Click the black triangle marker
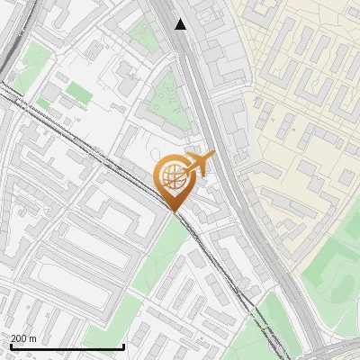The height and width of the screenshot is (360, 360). pos(181,24)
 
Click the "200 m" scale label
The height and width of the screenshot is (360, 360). pos(23,338)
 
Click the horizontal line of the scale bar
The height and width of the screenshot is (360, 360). pos(67,347)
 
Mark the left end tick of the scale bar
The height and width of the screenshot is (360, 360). pos(10,346)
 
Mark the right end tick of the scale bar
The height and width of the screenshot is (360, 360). pos(123,346)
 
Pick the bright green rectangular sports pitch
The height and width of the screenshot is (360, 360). pos(79,92)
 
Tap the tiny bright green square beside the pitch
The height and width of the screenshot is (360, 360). pos(43,103)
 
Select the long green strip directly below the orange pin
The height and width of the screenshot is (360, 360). pos(162,252)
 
